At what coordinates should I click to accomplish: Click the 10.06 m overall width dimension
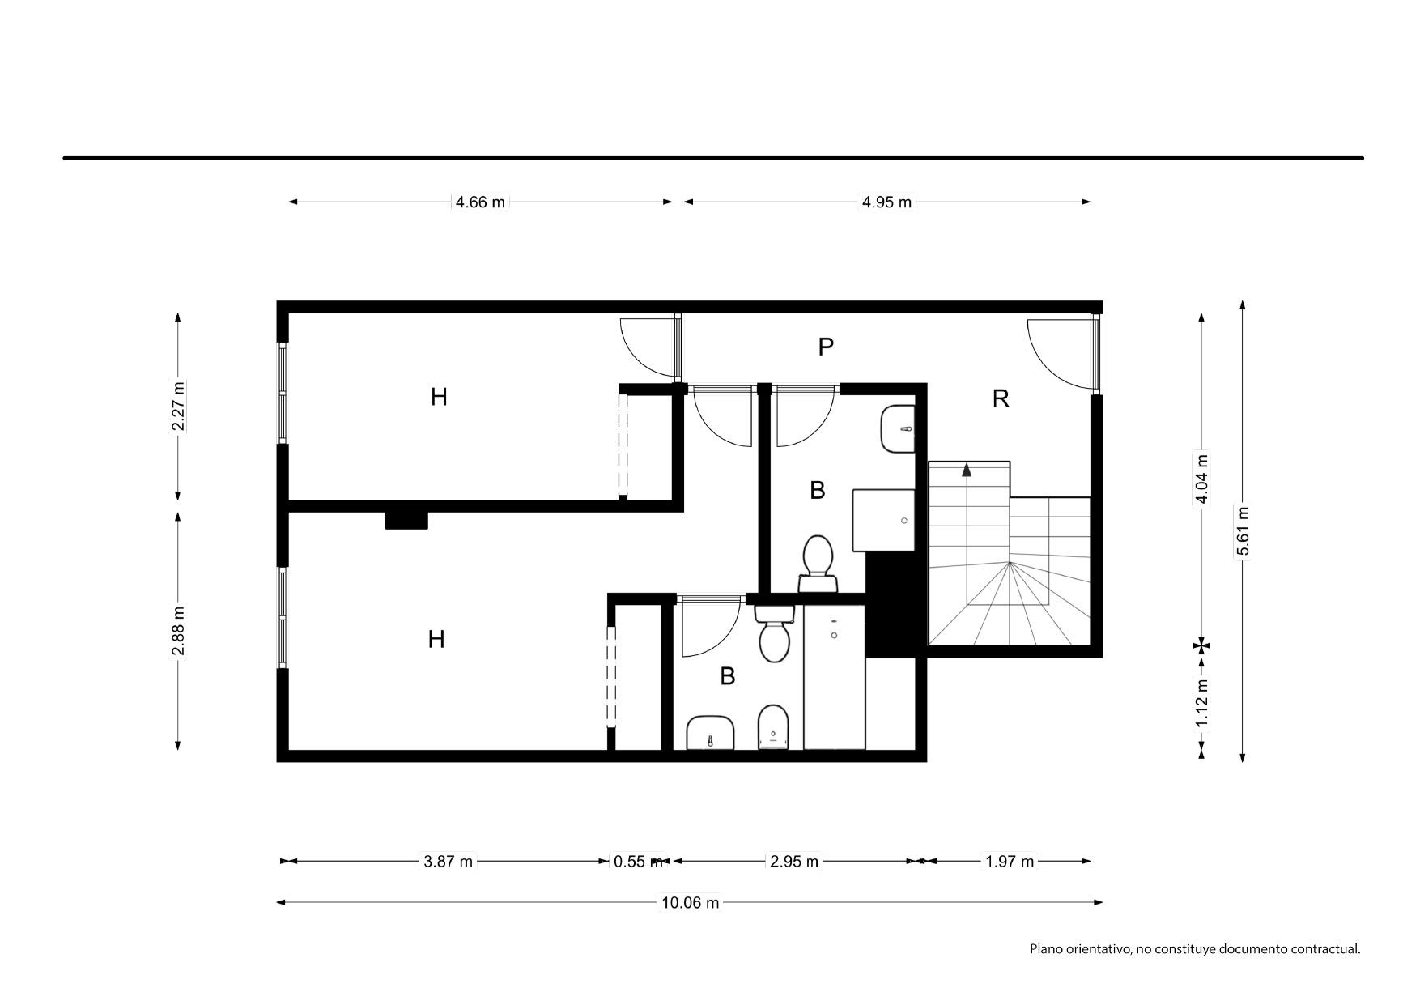(x=690, y=902)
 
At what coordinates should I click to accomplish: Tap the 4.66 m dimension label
(x=480, y=202)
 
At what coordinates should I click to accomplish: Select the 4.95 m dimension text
(x=886, y=202)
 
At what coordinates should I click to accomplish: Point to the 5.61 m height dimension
(x=1243, y=531)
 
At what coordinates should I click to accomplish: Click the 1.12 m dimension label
(x=1202, y=701)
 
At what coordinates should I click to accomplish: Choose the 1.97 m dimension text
(x=1010, y=862)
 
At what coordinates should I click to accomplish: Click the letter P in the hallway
(x=826, y=347)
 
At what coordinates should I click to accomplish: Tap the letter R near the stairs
(x=1001, y=398)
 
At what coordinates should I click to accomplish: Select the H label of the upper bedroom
(x=439, y=397)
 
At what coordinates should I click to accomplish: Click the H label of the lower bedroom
(x=436, y=640)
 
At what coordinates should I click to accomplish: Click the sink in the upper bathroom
(x=898, y=429)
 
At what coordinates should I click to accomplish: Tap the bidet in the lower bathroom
(x=773, y=728)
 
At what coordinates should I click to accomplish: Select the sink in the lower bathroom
(x=710, y=733)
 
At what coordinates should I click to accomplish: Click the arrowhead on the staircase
(x=967, y=470)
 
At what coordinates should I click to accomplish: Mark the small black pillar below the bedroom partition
(x=406, y=520)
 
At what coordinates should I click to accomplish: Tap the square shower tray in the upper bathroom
(x=884, y=520)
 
